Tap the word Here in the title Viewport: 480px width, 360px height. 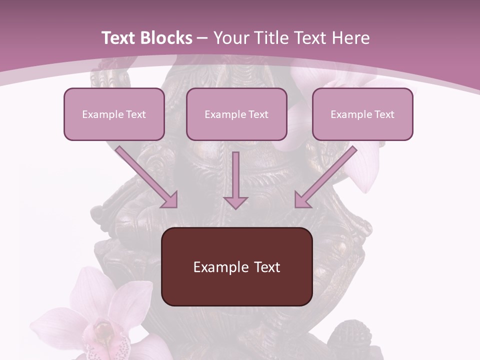click(349, 38)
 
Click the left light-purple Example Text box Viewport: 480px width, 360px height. click(114, 114)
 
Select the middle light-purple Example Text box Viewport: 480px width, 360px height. click(236, 114)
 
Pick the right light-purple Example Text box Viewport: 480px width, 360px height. click(362, 114)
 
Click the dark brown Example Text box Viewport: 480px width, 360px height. click(236, 266)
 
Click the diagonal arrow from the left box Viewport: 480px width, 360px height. click(147, 177)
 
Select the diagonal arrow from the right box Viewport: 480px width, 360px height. click(325, 177)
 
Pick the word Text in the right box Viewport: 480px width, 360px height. click(384, 114)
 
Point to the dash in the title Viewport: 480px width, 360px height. click(202, 38)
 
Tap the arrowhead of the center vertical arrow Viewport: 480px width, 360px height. click(235, 202)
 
